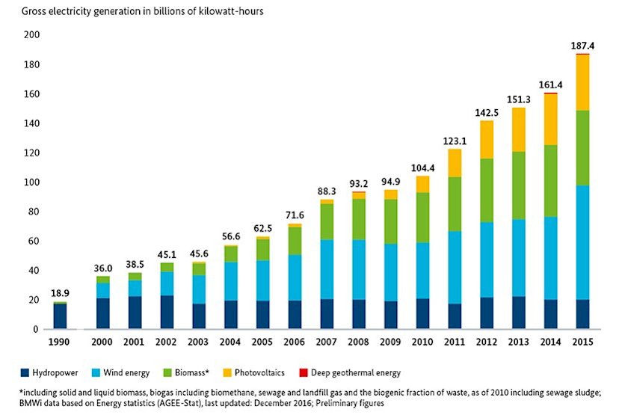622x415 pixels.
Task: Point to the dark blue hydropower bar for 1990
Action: point(60,317)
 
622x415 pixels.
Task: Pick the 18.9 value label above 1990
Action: point(60,293)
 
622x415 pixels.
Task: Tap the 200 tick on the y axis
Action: point(31,35)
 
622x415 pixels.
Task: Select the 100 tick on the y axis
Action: point(31,182)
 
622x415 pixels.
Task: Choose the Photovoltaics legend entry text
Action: point(341,372)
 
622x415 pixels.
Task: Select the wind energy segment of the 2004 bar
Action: point(230,281)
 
